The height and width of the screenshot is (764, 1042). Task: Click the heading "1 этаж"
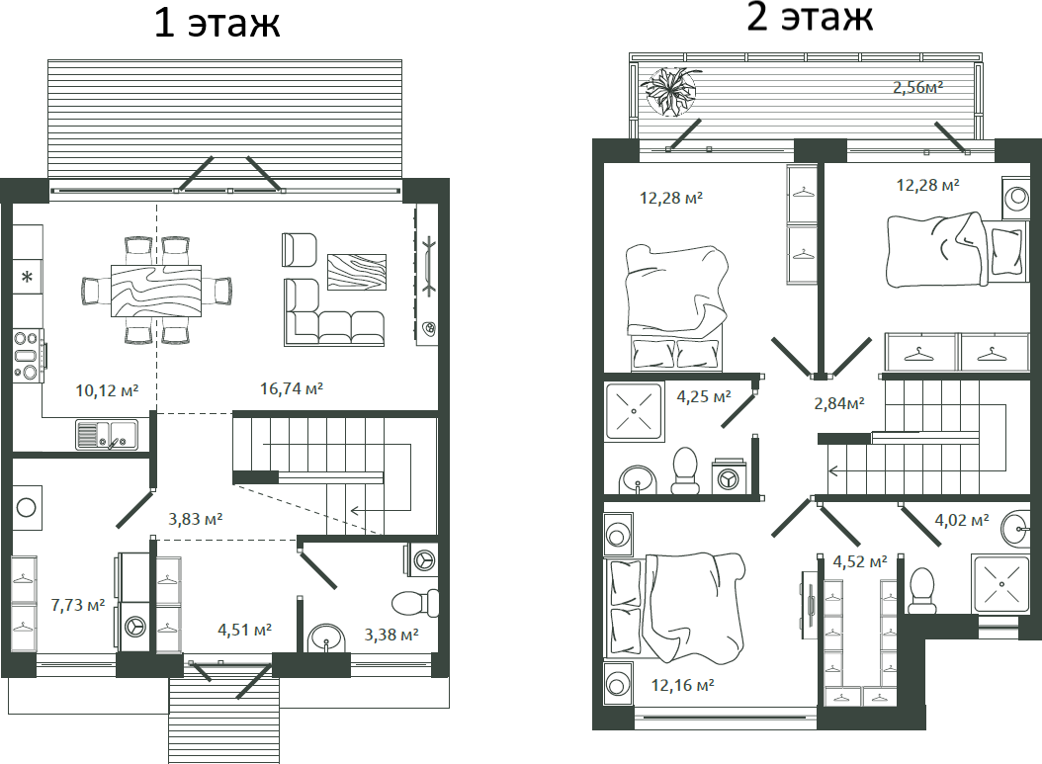click(217, 23)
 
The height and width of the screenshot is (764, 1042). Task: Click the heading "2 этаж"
click(810, 17)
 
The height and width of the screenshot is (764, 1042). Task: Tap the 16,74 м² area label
click(292, 388)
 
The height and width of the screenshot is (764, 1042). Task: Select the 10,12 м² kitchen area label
click(107, 389)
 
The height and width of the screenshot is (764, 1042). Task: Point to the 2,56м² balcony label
click(917, 87)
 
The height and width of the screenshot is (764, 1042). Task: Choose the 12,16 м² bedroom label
click(682, 684)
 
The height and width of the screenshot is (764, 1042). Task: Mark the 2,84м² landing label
click(838, 402)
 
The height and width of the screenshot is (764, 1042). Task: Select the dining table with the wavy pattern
click(156, 290)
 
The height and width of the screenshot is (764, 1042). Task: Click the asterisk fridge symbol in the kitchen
click(28, 277)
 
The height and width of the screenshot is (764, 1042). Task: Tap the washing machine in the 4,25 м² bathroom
click(730, 477)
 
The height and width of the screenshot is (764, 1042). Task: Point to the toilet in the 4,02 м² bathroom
click(922, 587)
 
